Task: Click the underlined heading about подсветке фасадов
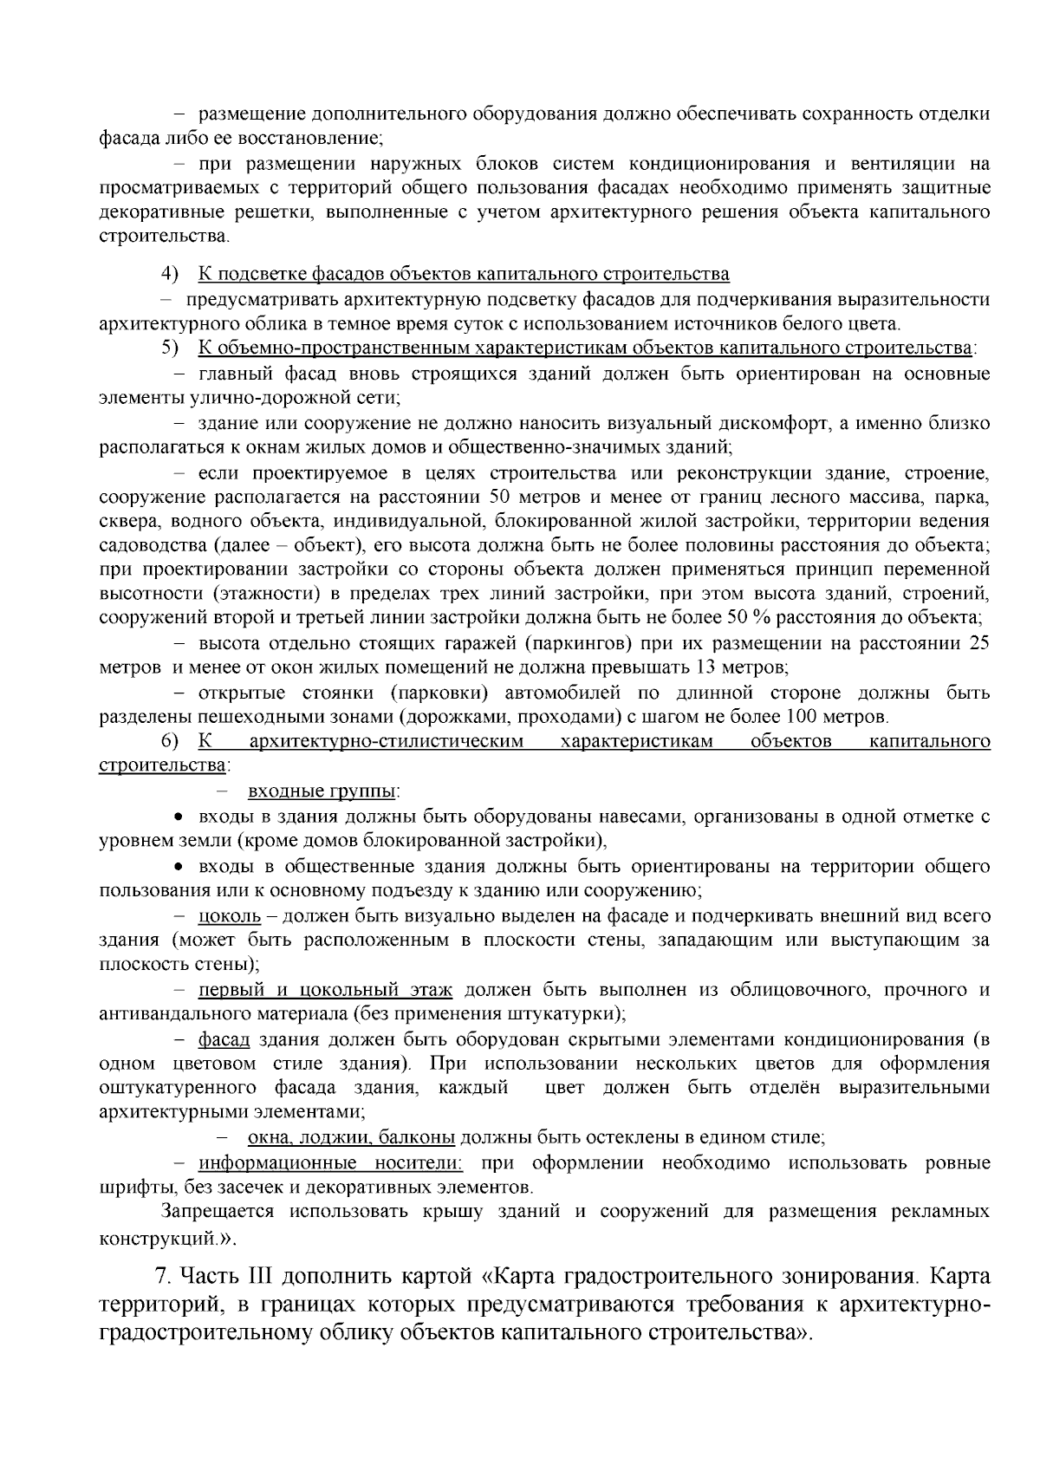pyautogui.click(x=464, y=275)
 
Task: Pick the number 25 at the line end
pyautogui.click(x=978, y=643)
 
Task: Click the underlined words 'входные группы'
pyautogui.click(x=323, y=791)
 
